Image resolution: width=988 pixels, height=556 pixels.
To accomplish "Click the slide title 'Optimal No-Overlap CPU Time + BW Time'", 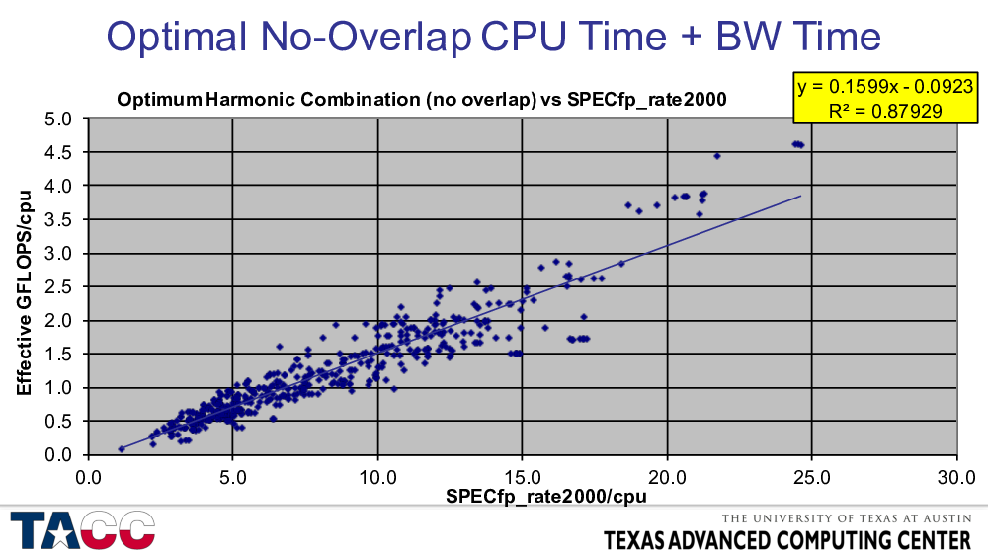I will click(493, 38).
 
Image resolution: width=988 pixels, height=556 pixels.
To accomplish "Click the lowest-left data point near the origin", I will click(121, 448).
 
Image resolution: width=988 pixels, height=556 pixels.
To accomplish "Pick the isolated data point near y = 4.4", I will click(717, 156).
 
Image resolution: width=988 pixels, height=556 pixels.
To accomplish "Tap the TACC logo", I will click(83, 530).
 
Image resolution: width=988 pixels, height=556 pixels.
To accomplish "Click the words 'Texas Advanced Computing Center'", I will click(787, 540).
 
